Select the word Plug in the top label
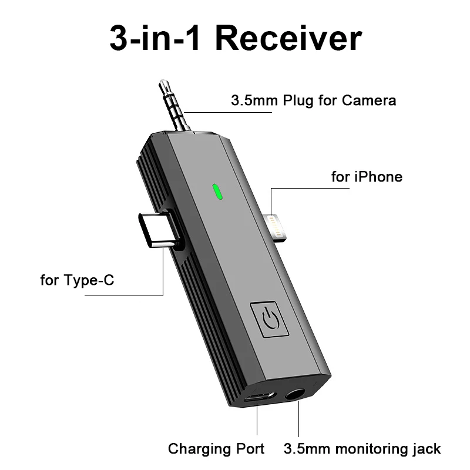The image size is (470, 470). (x=298, y=100)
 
